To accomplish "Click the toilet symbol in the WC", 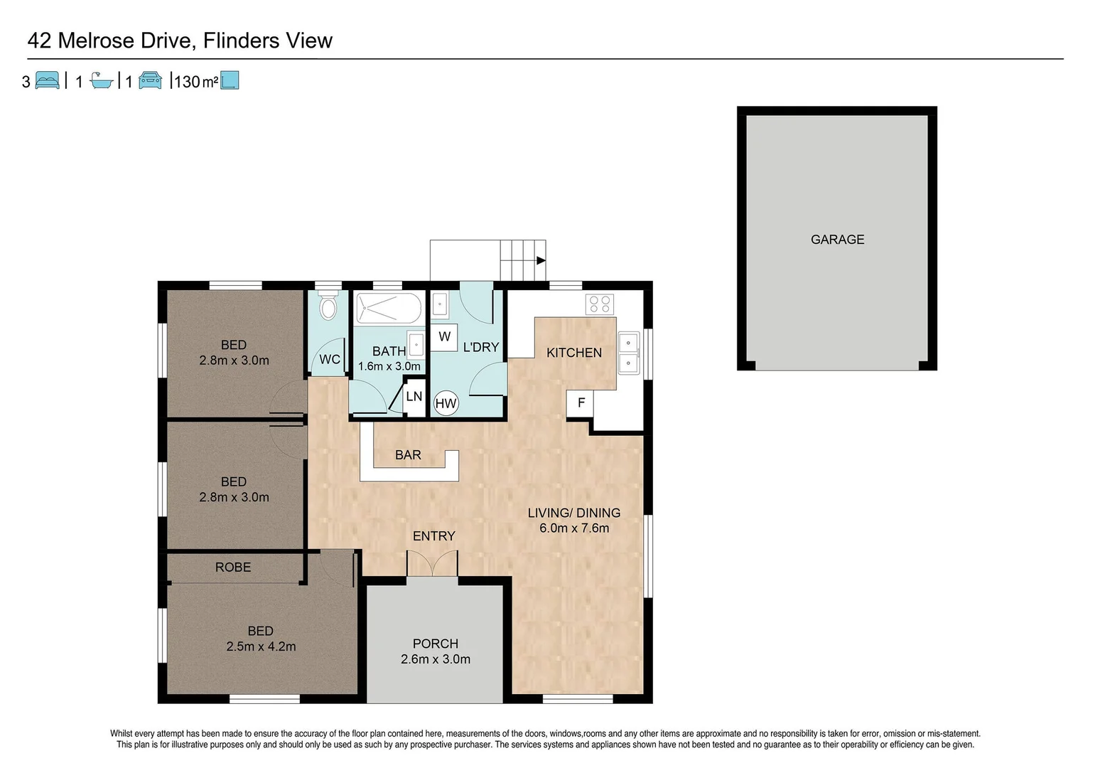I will click(x=328, y=308).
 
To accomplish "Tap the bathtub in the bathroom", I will click(x=389, y=309).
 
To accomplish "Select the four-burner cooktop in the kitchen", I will click(x=600, y=304).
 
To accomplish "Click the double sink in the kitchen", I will click(x=628, y=353).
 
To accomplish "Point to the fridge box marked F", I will click(x=581, y=403).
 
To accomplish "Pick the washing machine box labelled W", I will click(x=444, y=337).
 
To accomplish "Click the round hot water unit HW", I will click(x=446, y=404).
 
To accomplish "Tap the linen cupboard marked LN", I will click(x=414, y=397).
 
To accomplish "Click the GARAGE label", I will click(x=837, y=240).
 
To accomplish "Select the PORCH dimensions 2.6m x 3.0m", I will click(x=436, y=659).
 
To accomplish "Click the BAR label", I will click(x=408, y=455).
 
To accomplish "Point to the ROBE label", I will click(x=233, y=567).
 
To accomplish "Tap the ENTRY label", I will click(x=433, y=536).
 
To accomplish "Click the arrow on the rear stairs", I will click(x=541, y=260).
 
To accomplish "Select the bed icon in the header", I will click(x=47, y=81).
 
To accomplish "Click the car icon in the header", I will click(x=150, y=81).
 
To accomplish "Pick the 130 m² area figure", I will click(x=196, y=82).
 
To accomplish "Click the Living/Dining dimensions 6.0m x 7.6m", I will click(x=574, y=528).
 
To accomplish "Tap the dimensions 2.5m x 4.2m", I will click(x=261, y=646).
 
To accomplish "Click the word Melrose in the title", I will click(x=96, y=41).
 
